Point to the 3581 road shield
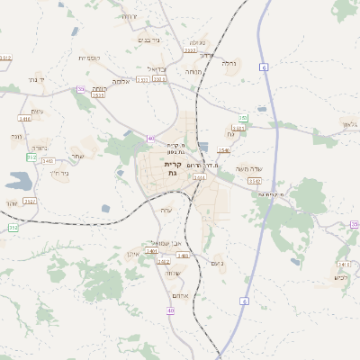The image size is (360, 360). (238, 129)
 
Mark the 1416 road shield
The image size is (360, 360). (24, 118)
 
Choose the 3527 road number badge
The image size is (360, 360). (30, 202)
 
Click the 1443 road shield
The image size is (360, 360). (48, 161)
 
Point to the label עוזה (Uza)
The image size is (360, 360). (166, 210)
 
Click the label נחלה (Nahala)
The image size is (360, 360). (230, 64)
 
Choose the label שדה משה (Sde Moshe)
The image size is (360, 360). (247, 168)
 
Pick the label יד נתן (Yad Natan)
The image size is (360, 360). (35, 80)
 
